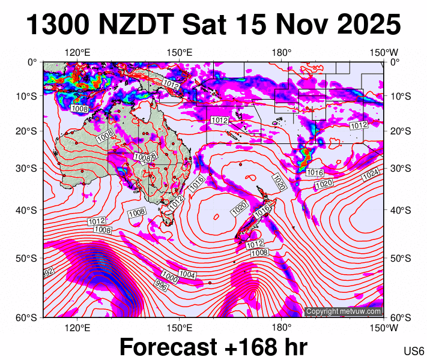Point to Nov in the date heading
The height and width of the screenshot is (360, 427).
coord(303,25)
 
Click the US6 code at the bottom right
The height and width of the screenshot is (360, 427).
coord(414,351)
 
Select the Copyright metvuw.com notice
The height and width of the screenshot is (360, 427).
coord(344,311)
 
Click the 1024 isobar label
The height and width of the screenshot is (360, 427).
coord(371,175)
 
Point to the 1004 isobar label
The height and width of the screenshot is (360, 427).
coord(187,274)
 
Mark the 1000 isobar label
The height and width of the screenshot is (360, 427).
coord(170,278)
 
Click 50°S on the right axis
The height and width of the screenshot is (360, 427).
coord(401,259)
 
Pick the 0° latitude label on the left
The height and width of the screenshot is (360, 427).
coord(32,62)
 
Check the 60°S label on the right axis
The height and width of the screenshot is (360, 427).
coord(401,318)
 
